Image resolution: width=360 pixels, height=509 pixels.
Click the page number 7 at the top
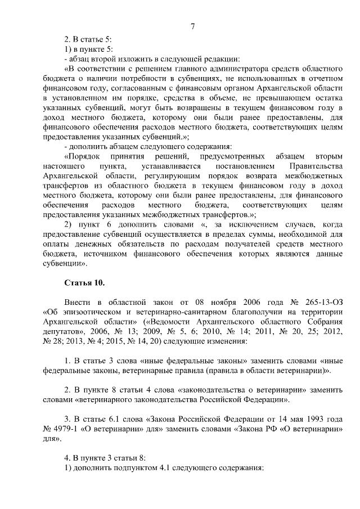[x=192, y=26]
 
